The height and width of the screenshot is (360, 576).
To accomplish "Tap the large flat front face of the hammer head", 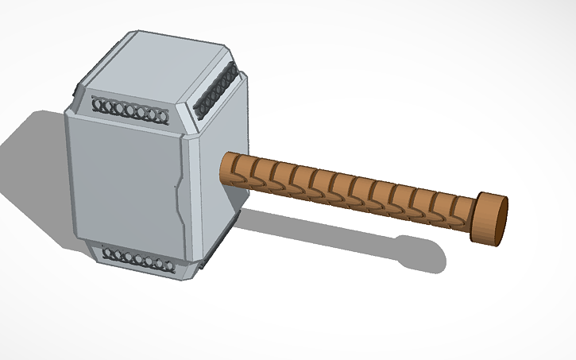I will pyautogui.click(x=123, y=183).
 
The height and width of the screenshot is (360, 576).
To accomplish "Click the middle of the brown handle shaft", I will pyautogui.click(x=350, y=191).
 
